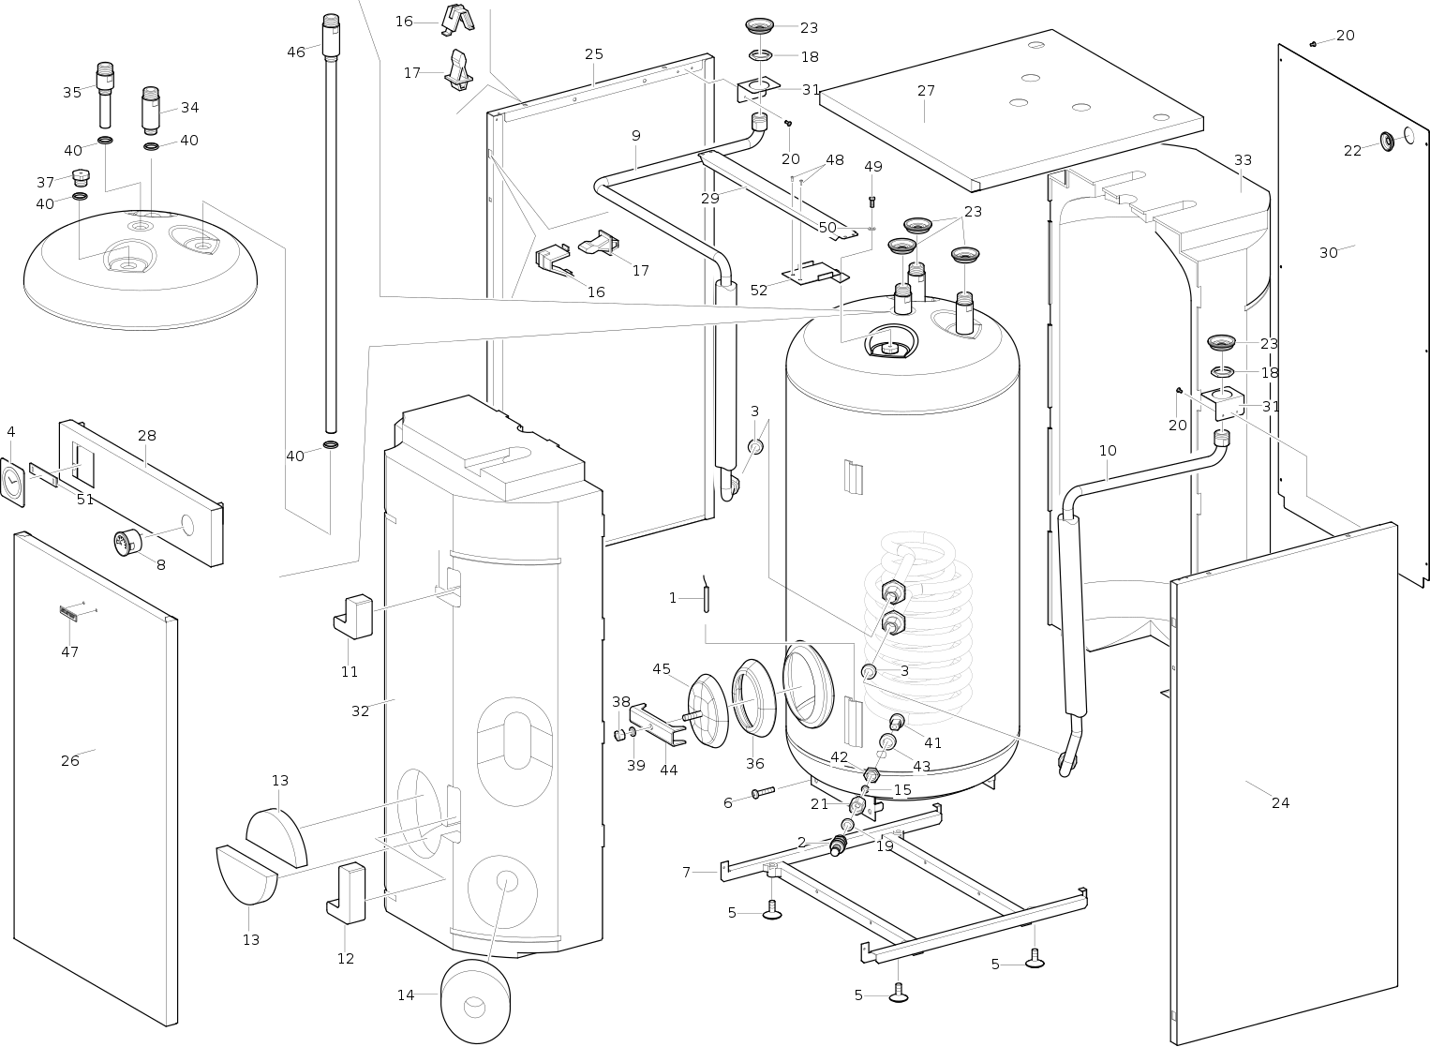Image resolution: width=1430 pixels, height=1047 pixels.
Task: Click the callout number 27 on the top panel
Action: click(926, 91)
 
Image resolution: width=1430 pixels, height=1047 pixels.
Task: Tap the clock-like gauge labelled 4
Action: click(13, 482)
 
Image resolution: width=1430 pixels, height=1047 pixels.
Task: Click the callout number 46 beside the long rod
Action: click(295, 52)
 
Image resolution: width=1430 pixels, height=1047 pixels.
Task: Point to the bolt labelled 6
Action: click(763, 792)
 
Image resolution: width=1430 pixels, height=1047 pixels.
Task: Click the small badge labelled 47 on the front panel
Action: click(68, 612)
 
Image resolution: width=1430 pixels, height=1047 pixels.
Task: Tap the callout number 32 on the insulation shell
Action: click(360, 711)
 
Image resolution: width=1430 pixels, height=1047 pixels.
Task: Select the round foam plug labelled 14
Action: click(475, 1001)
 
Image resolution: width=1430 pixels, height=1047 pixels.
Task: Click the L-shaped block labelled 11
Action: click(353, 616)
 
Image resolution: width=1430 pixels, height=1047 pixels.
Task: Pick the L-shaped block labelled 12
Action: click(346, 893)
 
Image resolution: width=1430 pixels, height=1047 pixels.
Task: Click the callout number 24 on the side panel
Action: click(1280, 803)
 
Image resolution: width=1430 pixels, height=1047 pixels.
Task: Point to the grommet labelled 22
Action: click(1387, 142)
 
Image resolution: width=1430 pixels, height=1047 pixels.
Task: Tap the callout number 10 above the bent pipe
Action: click(1108, 451)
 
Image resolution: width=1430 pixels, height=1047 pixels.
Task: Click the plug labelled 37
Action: click(82, 175)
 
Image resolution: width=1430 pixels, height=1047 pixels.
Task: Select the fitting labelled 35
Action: click(105, 95)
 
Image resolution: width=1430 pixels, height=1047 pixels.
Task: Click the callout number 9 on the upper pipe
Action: click(636, 136)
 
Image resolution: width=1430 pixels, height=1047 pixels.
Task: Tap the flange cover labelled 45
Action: click(708, 710)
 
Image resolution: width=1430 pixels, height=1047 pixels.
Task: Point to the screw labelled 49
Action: click(872, 202)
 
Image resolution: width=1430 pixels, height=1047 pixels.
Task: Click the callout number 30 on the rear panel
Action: click(1329, 253)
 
